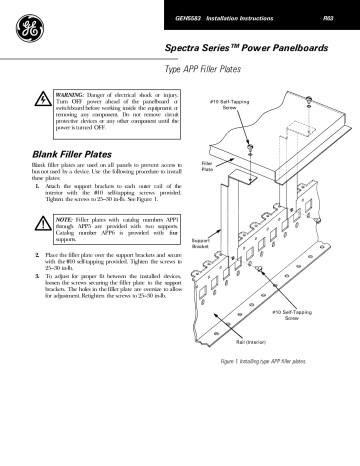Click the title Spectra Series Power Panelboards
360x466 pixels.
point(244,47)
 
